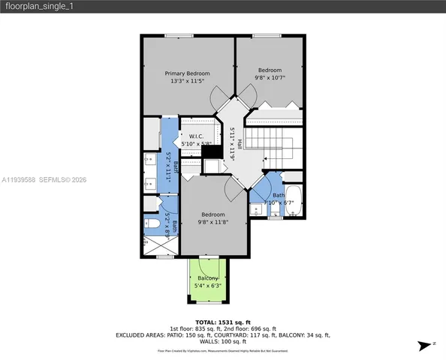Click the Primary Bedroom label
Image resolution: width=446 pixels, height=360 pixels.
188,73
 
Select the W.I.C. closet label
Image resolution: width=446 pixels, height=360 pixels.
197,136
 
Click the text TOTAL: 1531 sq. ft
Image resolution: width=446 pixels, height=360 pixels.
222,322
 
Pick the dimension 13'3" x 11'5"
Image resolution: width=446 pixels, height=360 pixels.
188,81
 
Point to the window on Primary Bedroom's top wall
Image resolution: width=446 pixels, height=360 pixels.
177,35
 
